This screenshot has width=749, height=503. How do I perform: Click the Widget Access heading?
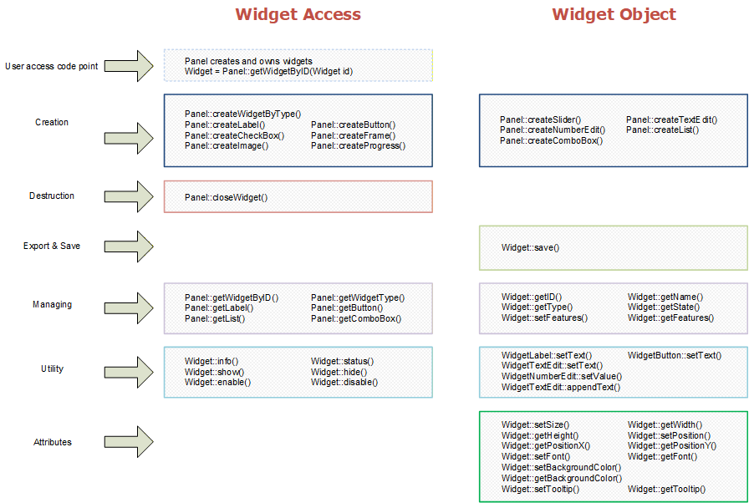click(x=298, y=14)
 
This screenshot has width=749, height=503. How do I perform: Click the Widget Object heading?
click(x=614, y=14)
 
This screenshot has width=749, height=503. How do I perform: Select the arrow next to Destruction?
click(x=129, y=196)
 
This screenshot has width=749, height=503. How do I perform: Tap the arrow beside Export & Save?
click(x=129, y=246)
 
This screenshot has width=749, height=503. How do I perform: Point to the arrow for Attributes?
click(x=129, y=442)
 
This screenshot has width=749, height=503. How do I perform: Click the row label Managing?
click(x=52, y=304)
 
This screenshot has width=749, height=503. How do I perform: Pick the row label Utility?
click(x=52, y=368)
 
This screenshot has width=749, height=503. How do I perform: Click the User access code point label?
click(x=52, y=66)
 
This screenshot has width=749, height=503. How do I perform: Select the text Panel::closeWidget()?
click(x=226, y=197)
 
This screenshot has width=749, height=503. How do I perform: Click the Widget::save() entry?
click(x=530, y=247)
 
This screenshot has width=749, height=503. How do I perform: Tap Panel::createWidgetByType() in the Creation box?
click(x=242, y=114)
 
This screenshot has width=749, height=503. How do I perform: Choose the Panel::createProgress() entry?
click(x=359, y=146)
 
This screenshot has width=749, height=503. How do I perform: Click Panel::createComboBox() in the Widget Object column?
click(x=551, y=140)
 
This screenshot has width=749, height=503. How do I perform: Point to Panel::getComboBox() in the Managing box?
click(x=356, y=319)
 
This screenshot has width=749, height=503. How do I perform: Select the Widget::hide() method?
click(x=339, y=373)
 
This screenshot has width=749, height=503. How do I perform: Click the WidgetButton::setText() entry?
click(x=675, y=356)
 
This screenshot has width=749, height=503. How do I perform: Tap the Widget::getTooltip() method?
click(x=666, y=489)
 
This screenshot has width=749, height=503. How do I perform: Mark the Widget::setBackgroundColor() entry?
click(x=561, y=468)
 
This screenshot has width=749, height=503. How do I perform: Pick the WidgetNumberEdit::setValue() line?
click(x=562, y=377)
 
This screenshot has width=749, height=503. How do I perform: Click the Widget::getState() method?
click(x=664, y=307)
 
